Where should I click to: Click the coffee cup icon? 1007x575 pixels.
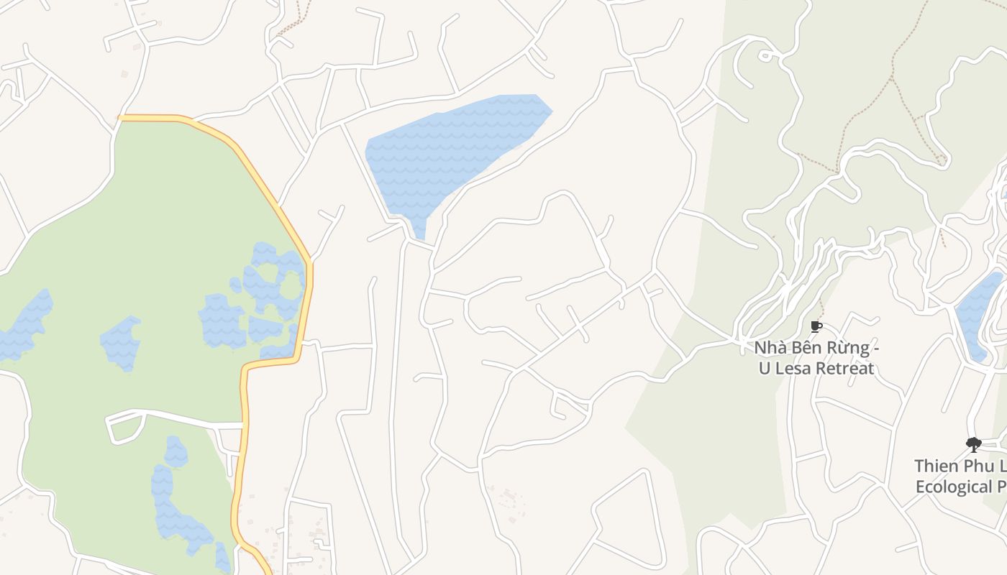pyautogui.click(x=816, y=327)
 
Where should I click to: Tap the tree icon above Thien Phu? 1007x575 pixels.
pyautogui.click(x=973, y=444)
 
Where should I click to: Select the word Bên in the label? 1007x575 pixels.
pyautogui.click(x=806, y=349)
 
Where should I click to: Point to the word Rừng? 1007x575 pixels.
pyautogui.click(x=846, y=349)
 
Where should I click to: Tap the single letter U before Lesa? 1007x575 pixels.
pyautogui.click(x=765, y=369)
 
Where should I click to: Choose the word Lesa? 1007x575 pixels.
pyautogui.click(x=794, y=369)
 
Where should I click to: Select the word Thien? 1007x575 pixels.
pyautogui.click(x=937, y=466)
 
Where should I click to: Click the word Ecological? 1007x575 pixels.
pyautogui.click(x=953, y=487)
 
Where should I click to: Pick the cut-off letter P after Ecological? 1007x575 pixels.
pyautogui.click(x=1001, y=487)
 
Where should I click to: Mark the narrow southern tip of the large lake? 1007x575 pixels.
pyautogui.click(x=419, y=229)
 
